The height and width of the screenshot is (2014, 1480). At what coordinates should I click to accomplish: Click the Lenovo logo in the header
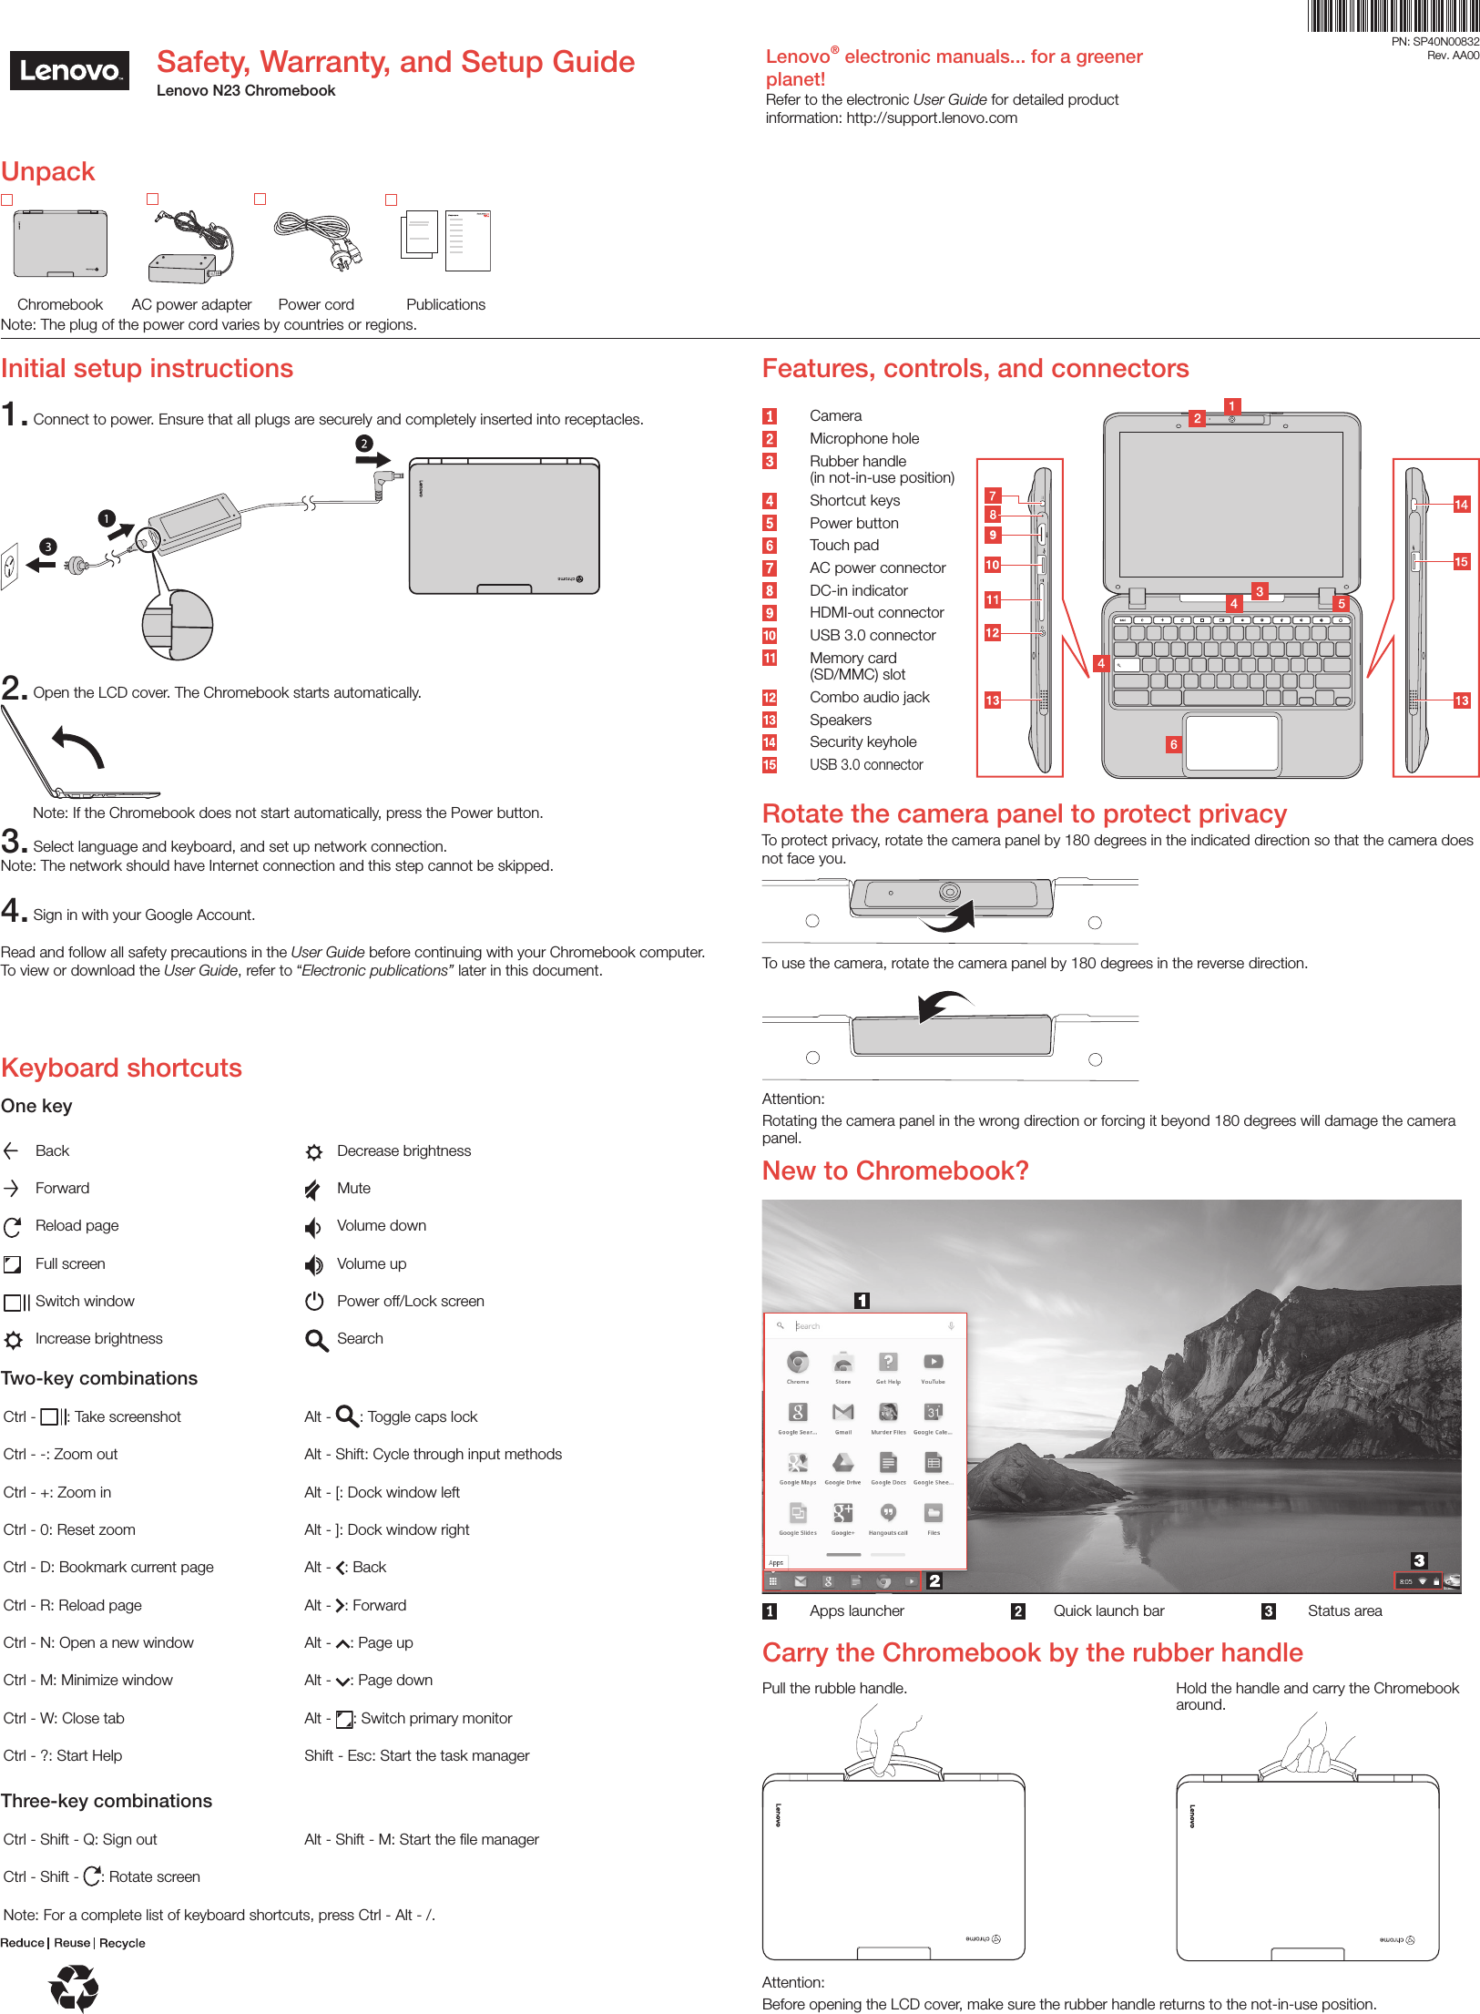pyautogui.click(x=69, y=71)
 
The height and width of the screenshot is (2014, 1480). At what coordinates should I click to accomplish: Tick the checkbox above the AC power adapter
pyautogui.click(x=153, y=199)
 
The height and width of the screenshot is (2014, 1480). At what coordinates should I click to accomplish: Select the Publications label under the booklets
pyautogui.click(x=445, y=304)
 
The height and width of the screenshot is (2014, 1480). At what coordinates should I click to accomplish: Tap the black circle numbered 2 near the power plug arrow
pyautogui.click(x=363, y=444)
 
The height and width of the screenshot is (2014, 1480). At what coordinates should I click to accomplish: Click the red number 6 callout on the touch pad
pyautogui.click(x=1174, y=744)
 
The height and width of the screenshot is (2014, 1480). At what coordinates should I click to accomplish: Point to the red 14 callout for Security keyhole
pyautogui.click(x=1461, y=505)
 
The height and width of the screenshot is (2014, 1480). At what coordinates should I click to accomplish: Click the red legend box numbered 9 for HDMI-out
pyautogui.click(x=770, y=613)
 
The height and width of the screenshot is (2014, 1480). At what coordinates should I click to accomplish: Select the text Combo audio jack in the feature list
pyautogui.click(x=869, y=697)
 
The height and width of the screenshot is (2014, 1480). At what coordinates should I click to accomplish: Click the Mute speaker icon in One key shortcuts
pyautogui.click(x=313, y=1189)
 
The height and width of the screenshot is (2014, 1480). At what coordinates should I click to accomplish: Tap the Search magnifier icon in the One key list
pyautogui.click(x=316, y=1340)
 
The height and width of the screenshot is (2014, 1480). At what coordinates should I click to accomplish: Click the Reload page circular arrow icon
pyautogui.click(x=13, y=1227)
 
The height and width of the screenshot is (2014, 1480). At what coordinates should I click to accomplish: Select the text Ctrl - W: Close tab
pyautogui.click(x=64, y=1718)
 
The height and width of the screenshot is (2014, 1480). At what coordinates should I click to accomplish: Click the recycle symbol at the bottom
pyautogui.click(x=74, y=1987)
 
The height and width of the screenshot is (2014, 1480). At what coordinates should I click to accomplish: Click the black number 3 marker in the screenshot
pyautogui.click(x=1418, y=1560)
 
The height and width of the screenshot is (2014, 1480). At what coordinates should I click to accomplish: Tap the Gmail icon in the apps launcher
pyautogui.click(x=843, y=1413)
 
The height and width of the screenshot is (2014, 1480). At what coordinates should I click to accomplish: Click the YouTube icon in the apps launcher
pyautogui.click(x=933, y=1363)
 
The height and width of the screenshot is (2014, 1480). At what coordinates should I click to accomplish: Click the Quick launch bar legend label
pyautogui.click(x=1108, y=1610)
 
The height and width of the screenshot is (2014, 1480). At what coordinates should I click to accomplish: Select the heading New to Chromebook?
pyautogui.click(x=895, y=1171)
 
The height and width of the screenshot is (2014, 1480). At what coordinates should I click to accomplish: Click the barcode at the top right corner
pyautogui.click(x=1393, y=16)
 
